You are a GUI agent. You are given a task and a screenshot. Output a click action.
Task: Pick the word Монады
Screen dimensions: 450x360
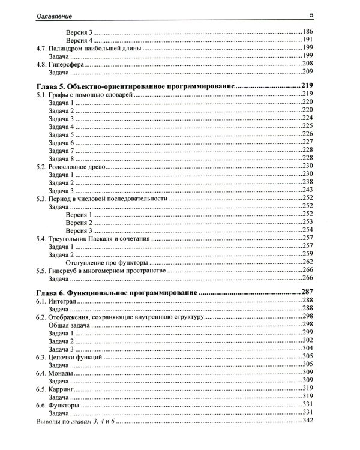point(61,373)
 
